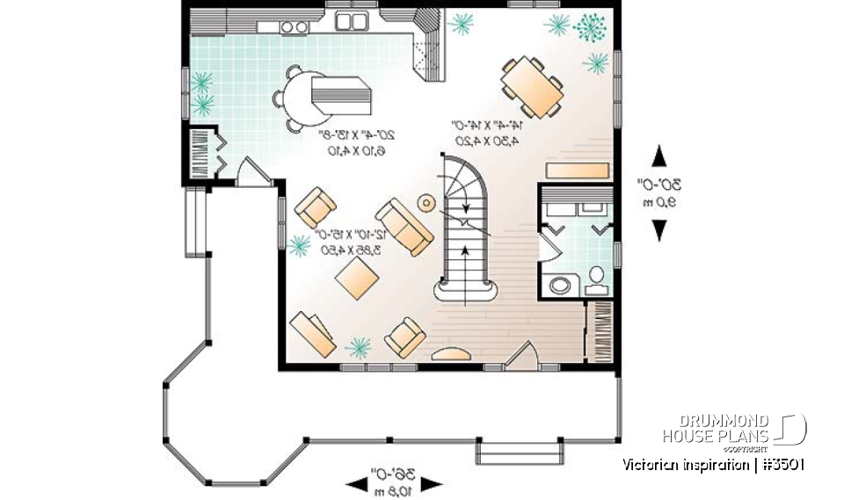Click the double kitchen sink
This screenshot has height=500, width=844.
pyautogui.click(x=353, y=21)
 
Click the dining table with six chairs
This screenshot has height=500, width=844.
pyautogui.click(x=531, y=85)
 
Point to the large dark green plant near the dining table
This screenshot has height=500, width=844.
pyautogui.click(x=589, y=27)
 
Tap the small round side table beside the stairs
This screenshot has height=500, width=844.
pyautogui.click(x=426, y=204)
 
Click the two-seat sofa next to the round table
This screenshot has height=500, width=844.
pyautogui.click(x=404, y=226)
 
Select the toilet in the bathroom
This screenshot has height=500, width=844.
pyautogui.click(x=596, y=279)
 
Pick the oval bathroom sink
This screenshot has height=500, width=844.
pyautogui.click(x=559, y=285)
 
